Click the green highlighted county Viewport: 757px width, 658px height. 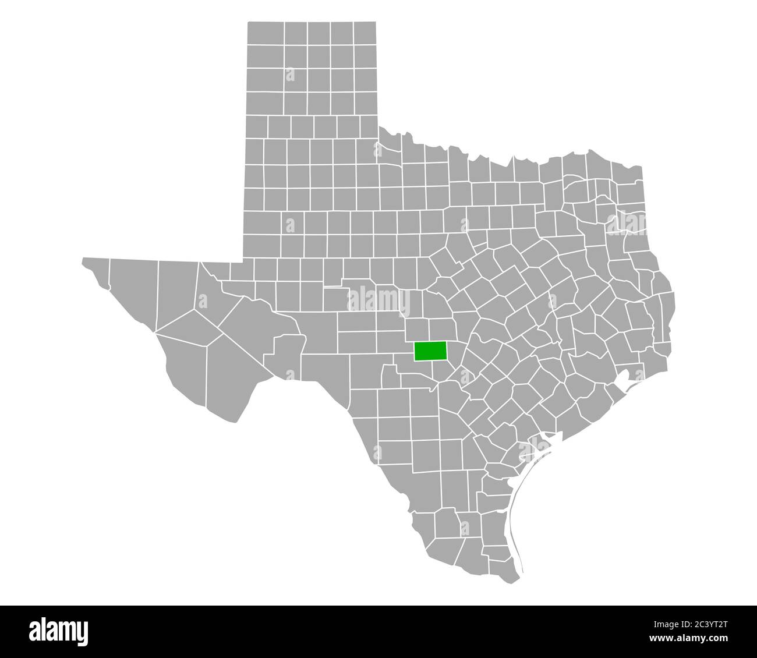430,351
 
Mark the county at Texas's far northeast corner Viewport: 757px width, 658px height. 631,175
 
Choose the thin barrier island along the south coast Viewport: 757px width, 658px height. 514,512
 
